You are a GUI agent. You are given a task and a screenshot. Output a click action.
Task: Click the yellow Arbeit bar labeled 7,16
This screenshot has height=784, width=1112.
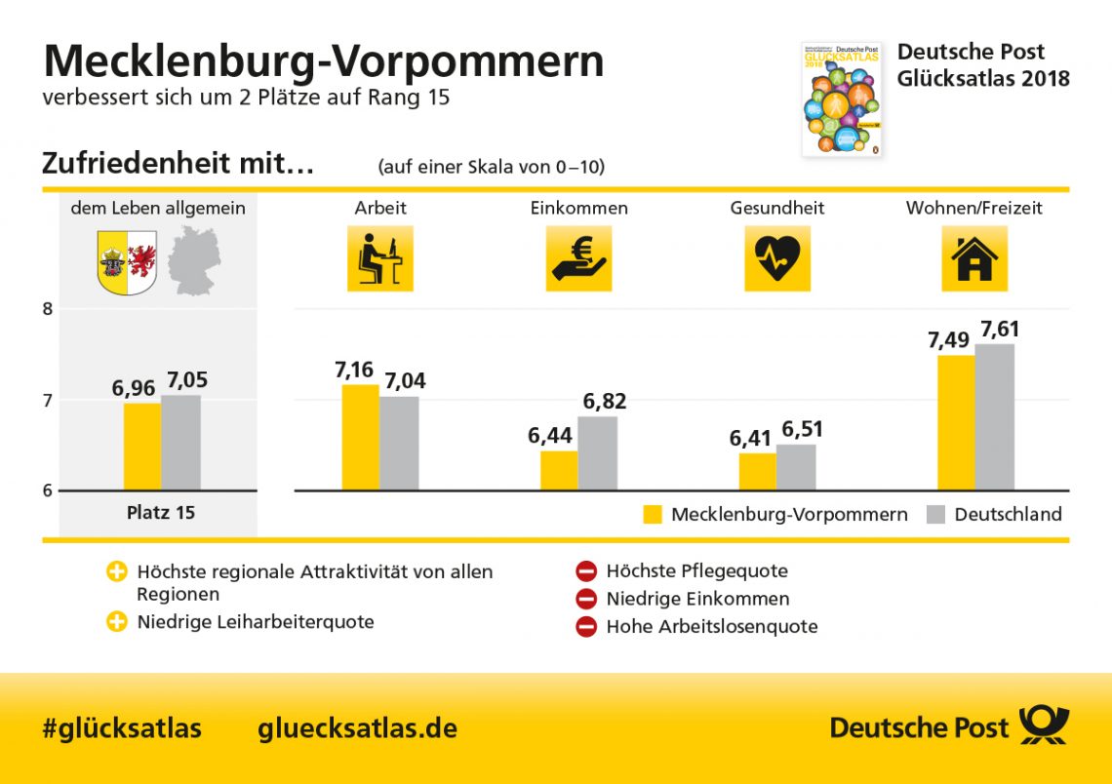(x=360, y=438)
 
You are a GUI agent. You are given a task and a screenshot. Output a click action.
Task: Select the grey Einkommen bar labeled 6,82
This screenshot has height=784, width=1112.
(x=597, y=453)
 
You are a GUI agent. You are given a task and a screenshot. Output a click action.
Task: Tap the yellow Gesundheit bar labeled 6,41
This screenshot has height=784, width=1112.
(x=758, y=472)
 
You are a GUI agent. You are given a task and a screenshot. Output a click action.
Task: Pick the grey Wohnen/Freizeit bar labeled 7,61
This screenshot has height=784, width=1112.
(x=995, y=417)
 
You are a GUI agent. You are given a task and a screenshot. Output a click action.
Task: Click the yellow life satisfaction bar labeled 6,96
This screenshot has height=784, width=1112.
(x=142, y=447)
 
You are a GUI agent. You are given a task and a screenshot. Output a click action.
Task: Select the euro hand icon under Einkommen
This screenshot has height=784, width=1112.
(x=578, y=258)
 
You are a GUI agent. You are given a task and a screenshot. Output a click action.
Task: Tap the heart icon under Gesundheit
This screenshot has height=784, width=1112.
(x=777, y=258)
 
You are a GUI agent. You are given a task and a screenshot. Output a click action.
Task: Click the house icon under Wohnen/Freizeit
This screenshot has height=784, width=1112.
(x=973, y=258)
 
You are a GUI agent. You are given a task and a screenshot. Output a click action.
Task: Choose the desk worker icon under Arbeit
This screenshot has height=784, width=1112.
(x=379, y=258)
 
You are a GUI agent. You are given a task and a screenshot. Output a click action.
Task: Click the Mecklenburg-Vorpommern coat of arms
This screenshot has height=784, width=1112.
(x=128, y=262)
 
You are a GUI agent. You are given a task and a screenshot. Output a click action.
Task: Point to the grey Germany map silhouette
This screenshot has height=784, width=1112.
(x=194, y=260)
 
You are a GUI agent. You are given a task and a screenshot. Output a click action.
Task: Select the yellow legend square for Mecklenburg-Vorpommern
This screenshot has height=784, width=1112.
(x=653, y=514)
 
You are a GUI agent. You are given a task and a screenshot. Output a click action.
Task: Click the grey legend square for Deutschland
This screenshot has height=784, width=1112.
(x=934, y=514)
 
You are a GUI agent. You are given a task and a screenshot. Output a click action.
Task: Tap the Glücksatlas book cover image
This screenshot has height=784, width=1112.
(x=841, y=98)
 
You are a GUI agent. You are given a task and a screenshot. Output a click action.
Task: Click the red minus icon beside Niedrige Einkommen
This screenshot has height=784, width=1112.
(x=585, y=599)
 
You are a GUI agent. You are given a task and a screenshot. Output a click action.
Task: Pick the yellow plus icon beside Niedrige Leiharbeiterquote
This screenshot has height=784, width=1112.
(x=117, y=621)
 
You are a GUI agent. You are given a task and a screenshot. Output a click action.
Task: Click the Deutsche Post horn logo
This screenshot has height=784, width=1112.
(x=1044, y=726)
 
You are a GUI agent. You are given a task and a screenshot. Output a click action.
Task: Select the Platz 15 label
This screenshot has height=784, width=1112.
(x=161, y=512)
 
